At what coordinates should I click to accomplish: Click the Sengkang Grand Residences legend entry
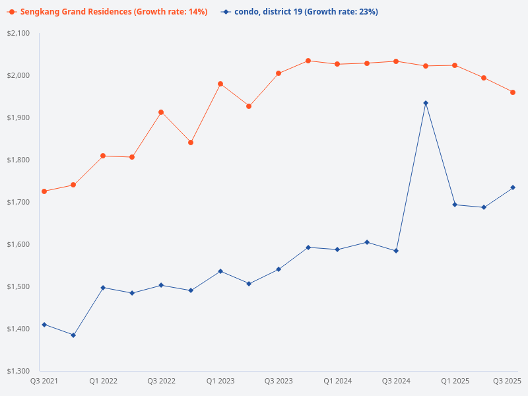(110, 12)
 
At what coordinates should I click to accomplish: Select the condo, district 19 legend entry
(301, 12)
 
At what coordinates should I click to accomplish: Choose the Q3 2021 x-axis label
(44, 381)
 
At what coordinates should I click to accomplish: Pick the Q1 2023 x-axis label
(220, 381)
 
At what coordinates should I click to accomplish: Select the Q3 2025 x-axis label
(508, 381)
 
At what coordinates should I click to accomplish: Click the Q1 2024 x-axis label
(337, 381)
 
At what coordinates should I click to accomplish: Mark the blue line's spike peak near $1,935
(426, 103)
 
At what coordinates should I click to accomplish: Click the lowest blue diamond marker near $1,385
(73, 335)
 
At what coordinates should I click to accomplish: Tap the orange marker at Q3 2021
(44, 191)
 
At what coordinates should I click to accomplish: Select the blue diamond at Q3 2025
(513, 187)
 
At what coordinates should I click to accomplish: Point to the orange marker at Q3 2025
(513, 92)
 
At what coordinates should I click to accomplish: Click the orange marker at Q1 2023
(220, 84)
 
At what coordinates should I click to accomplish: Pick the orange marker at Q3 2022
(161, 112)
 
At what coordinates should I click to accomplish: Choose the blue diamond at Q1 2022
(103, 288)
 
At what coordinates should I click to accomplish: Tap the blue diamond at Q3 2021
(44, 325)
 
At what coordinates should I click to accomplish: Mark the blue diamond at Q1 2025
(455, 205)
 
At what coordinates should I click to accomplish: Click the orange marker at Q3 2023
(279, 73)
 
